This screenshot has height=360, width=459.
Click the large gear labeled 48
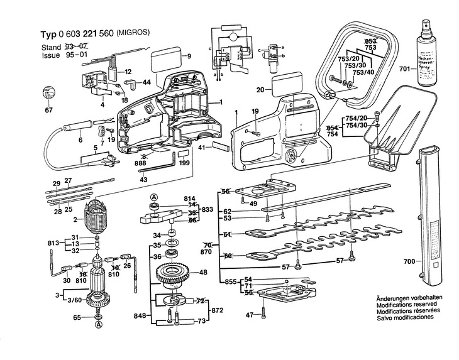click(x=170, y=275)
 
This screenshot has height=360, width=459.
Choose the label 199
click(x=184, y=162)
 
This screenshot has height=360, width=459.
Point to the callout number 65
click(x=77, y=318)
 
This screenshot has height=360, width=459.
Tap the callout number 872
click(x=217, y=311)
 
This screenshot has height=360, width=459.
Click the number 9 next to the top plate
click(x=187, y=57)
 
